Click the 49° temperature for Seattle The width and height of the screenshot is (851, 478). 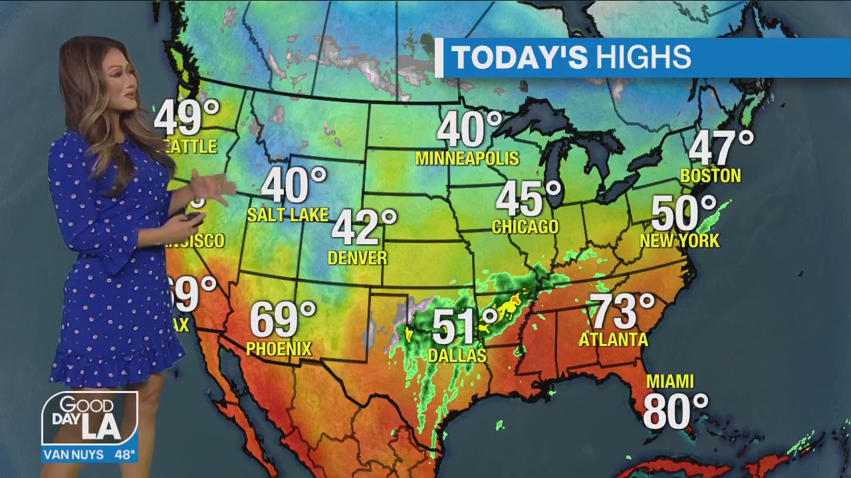click(x=186, y=118)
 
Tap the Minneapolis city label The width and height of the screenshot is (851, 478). click(x=467, y=158)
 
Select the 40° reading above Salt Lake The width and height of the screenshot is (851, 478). click(x=293, y=185)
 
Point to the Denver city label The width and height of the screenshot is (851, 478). click(x=357, y=258)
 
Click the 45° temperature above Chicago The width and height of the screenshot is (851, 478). click(x=528, y=198)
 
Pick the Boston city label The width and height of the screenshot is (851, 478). click(x=710, y=176)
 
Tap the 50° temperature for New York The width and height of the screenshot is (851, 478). click(x=683, y=213)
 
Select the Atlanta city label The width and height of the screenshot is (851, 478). click(x=613, y=340)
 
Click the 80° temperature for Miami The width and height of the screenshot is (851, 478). click(x=675, y=412)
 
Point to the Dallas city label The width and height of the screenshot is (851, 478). click(x=457, y=356)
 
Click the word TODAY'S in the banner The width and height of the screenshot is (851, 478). click(x=520, y=58)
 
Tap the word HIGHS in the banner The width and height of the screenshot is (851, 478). click(x=643, y=58)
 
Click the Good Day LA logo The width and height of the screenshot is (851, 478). click(x=90, y=419)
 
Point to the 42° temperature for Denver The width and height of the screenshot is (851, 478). click(x=364, y=227)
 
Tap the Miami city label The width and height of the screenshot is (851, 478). click(x=669, y=382)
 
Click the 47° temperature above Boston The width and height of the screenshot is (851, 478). click(x=720, y=147)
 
